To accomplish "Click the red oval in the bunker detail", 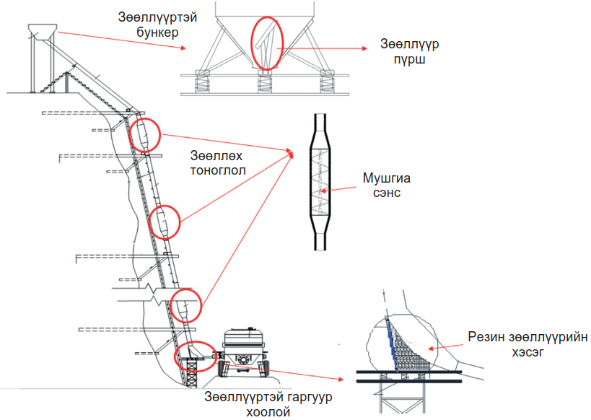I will tap(266, 43).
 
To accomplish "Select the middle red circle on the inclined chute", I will tap(165, 222).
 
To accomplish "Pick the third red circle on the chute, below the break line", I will tap(184, 304).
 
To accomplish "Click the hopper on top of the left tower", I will tap(41, 32).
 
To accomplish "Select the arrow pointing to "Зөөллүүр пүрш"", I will tap(325, 49).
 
